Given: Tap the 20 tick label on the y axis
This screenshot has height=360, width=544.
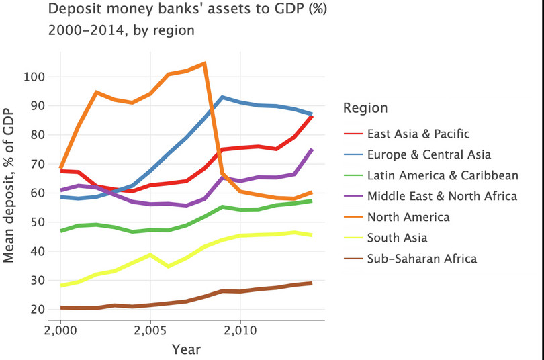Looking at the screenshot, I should (37, 310).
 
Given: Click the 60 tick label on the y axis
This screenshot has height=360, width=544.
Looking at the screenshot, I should (37, 193).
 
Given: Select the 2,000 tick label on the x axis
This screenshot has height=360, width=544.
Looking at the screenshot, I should (60, 331).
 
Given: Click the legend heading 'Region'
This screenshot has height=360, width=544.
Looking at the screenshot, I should (365, 108).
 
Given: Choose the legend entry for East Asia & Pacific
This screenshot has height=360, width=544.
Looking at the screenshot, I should (418, 134).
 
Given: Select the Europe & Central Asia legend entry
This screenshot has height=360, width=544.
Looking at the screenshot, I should (429, 154).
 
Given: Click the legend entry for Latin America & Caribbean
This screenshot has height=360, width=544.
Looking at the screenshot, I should (443, 175).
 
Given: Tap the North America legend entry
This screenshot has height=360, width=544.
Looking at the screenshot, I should (408, 216).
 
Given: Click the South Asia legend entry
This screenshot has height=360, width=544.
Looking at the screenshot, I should (397, 237).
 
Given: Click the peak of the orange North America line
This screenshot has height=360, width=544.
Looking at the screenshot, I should (204, 64).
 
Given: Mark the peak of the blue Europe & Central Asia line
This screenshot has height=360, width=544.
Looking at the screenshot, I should (222, 97).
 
